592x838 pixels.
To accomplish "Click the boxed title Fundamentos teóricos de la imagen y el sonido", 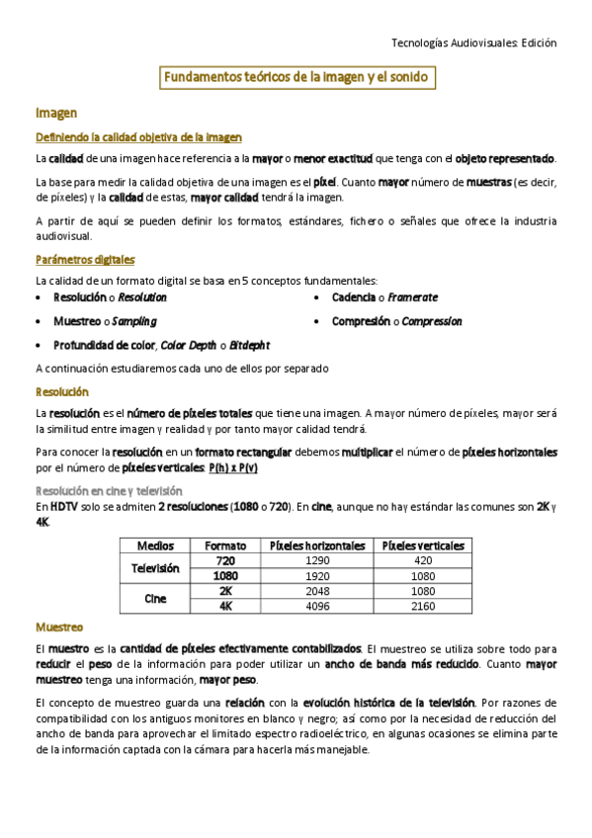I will (296, 78).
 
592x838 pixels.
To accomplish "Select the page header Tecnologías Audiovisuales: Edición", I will (474, 42).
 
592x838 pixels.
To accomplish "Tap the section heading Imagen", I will (56, 114).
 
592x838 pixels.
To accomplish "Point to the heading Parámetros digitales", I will (84, 259).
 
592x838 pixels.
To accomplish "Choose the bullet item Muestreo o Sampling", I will (105, 321).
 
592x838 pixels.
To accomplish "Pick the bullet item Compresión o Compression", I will (396, 321).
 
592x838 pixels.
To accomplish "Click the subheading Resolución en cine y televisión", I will (109, 490).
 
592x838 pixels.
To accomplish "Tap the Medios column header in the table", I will (156, 545).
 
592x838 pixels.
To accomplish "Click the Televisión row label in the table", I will (156, 568).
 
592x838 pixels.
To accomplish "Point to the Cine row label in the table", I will (156, 598).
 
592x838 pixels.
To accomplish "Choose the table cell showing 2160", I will (423, 606).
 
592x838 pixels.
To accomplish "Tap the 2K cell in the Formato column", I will (225, 591).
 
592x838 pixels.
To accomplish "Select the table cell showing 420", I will (423, 560).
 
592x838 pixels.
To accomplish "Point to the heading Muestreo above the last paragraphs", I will (59, 628).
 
